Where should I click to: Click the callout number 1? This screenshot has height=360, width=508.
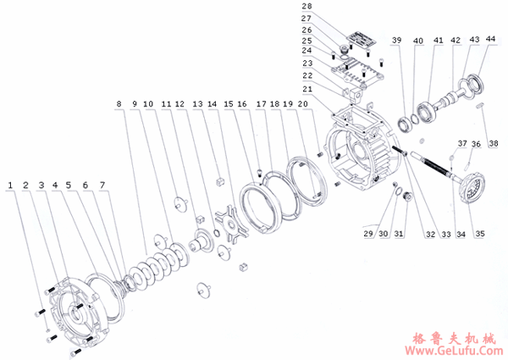click(10, 185)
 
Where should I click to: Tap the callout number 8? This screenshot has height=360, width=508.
click(119, 103)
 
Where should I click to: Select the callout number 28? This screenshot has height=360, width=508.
click(306, 6)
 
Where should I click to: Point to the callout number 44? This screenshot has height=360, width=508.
click(490, 39)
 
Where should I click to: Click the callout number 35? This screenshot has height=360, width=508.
click(480, 234)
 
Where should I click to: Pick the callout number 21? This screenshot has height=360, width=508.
click(307, 88)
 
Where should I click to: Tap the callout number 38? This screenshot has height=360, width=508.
click(493, 143)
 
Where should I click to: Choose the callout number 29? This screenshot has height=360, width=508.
click(368, 234)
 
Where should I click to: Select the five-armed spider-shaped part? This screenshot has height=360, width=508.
click(230, 224)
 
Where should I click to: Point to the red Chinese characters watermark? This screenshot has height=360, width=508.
click(454, 339)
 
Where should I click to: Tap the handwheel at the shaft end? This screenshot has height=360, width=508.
click(473, 188)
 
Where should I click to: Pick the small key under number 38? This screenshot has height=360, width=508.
click(481, 105)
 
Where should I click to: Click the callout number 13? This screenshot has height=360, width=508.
click(197, 103)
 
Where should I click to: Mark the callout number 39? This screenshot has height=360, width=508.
click(396, 40)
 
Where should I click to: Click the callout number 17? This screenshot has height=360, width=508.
click(261, 103)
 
